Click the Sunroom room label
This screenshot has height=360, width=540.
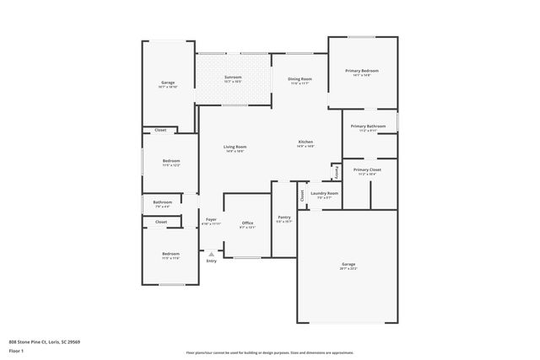coord(234,78)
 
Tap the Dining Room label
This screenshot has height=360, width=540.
coord(300,78)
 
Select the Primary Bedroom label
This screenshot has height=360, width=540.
coord(363,71)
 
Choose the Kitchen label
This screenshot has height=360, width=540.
coord(305,142)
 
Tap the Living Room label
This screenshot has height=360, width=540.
coord(235,148)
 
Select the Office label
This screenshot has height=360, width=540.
coord(247,223)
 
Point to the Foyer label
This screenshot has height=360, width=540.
coord(211,219)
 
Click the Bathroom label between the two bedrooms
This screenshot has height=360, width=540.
coord(163,202)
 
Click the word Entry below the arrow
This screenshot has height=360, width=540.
coord(211,261)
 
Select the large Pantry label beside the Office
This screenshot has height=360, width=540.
coord(284,217)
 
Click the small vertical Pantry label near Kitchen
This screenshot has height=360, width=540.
coord(337,171)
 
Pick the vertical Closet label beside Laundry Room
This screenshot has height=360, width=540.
coord(302,195)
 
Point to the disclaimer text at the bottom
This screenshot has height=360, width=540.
coord(269,352)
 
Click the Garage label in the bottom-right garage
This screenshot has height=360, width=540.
coord(348,265)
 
